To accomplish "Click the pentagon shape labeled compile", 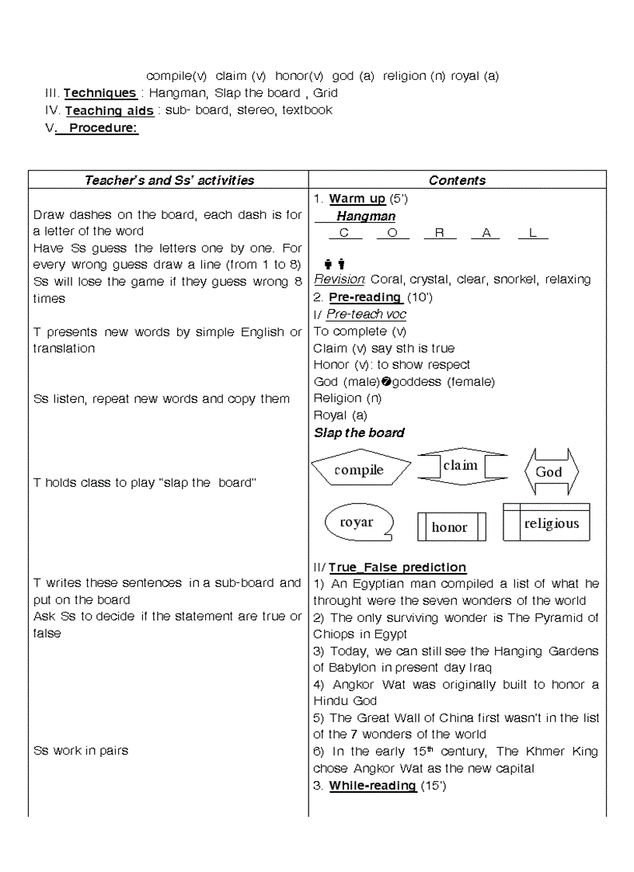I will pyautogui.click(x=360, y=470).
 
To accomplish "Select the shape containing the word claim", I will pyautogui.click(x=461, y=466).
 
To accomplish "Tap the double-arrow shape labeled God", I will pyautogui.click(x=549, y=471).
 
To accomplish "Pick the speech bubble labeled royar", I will pyautogui.click(x=357, y=523).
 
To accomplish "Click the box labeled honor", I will pyautogui.click(x=450, y=527).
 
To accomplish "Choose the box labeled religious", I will pyautogui.click(x=551, y=523).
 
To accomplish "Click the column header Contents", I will pyautogui.click(x=457, y=180).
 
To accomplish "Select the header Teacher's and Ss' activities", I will pyautogui.click(x=169, y=180).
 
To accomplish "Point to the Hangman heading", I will pyautogui.click(x=365, y=217).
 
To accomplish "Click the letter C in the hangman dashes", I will pyautogui.click(x=344, y=233).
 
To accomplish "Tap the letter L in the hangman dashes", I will pyautogui.click(x=532, y=233).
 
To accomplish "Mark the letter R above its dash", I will pyautogui.click(x=440, y=233).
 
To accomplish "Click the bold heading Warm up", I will pyautogui.click(x=357, y=199).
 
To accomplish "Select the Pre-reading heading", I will pyautogui.click(x=364, y=297).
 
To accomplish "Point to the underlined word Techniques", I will pyautogui.click(x=99, y=93).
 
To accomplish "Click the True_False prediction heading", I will pyautogui.click(x=397, y=568).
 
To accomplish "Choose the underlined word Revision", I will pyautogui.click(x=340, y=280).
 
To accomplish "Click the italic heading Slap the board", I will pyautogui.click(x=359, y=433).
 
